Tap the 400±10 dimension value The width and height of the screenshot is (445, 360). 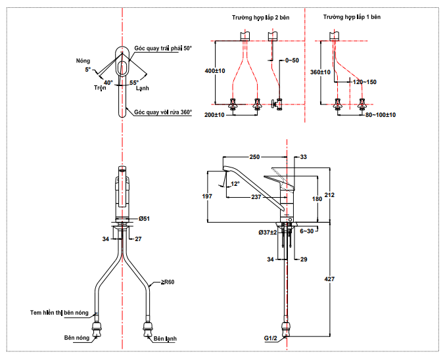pos(214,70)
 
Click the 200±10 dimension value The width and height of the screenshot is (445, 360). pos(214,115)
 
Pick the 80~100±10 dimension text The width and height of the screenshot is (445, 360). pos(381,115)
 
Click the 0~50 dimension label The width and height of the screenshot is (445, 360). pos(292,60)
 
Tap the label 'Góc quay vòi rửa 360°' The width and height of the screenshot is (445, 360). pos(163,112)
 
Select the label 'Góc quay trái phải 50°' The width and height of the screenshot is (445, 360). pos(163,49)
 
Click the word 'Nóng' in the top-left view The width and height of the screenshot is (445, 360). pos(84,59)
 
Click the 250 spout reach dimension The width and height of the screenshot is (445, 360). pos(254,157)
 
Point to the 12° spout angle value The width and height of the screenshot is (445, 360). pos(235,183)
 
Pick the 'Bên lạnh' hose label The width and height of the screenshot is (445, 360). pos(165,340)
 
